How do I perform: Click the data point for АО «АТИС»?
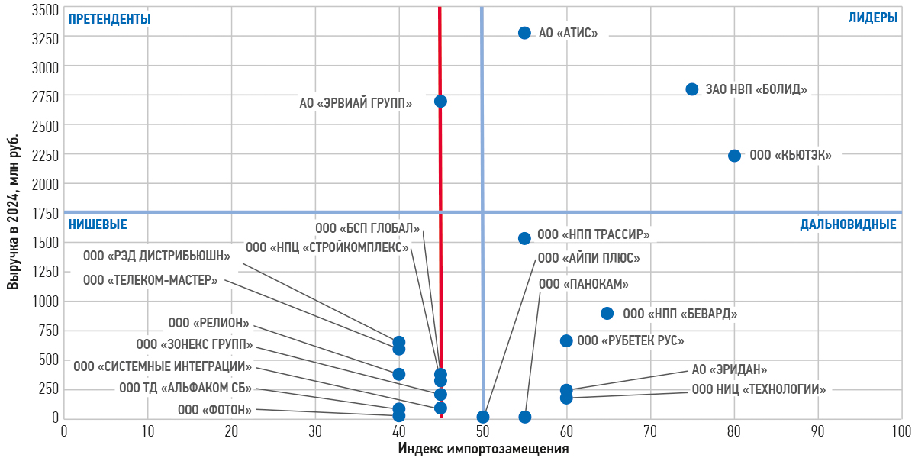524,33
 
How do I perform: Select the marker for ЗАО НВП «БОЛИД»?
692,89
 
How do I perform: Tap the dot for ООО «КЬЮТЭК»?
734,156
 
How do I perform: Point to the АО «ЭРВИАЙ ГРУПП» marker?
440,102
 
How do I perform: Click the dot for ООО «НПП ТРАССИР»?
524,238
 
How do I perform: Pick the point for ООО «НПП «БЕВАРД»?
607,313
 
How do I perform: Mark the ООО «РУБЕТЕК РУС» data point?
566,340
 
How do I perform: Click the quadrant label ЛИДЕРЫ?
873,18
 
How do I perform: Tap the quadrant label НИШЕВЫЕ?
98,224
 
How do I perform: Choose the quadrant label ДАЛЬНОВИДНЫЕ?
848,224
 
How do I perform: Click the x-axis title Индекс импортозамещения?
484,448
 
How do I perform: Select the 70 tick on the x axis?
650,431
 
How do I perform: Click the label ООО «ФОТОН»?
214,410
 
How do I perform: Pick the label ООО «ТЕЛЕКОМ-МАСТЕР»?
150,280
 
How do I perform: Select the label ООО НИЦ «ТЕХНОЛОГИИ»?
759,389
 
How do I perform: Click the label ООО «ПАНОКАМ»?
584,284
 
